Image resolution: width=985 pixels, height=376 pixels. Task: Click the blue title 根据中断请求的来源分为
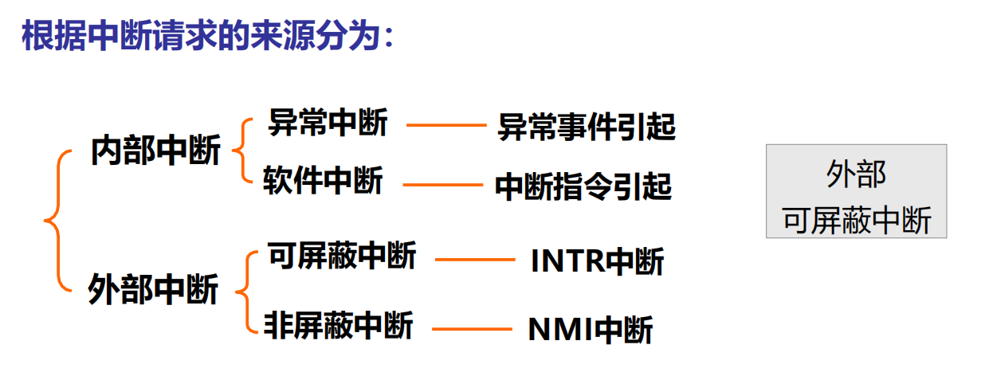click(201, 35)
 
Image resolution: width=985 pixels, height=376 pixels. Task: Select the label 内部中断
click(155, 151)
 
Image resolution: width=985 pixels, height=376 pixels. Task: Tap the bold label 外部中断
click(153, 289)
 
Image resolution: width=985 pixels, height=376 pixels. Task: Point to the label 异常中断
click(328, 122)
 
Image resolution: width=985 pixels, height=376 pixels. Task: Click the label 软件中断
click(324, 180)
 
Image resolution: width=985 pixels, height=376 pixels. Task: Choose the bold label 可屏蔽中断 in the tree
click(342, 255)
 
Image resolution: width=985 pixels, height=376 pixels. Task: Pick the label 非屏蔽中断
click(338, 325)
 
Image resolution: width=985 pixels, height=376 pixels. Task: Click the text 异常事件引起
click(587, 127)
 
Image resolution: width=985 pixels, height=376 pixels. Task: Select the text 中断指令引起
click(583, 186)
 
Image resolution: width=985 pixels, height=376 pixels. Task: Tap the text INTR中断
click(598, 260)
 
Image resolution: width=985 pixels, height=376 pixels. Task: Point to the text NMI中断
click(591, 329)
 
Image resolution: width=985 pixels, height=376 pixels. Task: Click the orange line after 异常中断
click(446, 125)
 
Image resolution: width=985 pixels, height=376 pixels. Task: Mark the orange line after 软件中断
click(443, 185)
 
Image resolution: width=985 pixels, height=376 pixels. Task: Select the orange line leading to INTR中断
click(475, 260)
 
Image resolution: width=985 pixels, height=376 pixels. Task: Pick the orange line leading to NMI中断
click(472, 329)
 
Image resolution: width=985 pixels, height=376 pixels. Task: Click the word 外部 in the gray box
click(856, 174)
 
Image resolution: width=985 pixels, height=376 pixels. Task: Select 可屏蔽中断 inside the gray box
click(857, 220)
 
